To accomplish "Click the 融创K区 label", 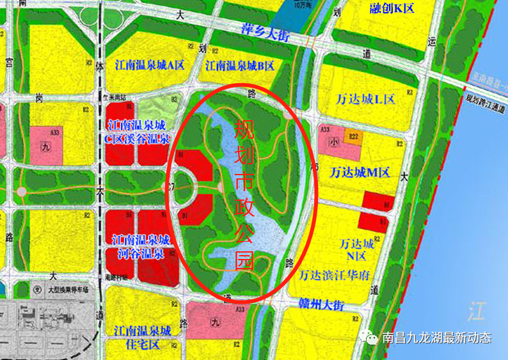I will [392, 8].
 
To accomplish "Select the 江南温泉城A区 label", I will [150, 65].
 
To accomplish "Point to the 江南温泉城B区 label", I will [240, 65].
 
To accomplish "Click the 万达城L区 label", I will [365, 99].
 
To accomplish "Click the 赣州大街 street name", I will [321, 304].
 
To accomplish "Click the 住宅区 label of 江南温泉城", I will [141, 345].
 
